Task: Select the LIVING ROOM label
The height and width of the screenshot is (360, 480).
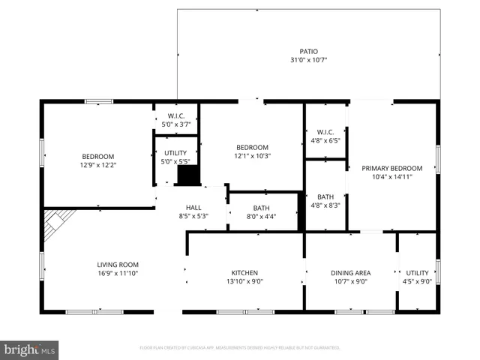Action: (x=118, y=264)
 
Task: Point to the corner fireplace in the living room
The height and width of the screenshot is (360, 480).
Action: (x=56, y=224)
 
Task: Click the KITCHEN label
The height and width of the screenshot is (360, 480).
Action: (x=244, y=272)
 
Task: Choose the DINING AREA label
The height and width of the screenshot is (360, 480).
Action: (x=350, y=272)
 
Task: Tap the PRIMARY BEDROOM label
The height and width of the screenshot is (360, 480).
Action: (x=391, y=168)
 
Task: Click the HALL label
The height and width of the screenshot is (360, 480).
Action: (x=193, y=208)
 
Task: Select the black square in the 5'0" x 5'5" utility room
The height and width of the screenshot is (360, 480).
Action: (x=187, y=175)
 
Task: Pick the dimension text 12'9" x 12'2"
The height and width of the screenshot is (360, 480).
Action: (x=98, y=164)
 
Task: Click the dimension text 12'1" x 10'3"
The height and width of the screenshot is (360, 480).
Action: (x=252, y=156)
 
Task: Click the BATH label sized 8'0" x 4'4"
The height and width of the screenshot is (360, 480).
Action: (x=261, y=208)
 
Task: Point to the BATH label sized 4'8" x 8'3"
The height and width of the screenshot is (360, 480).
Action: (x=325, y=196)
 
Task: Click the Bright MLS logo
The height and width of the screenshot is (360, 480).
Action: (x=30, y=349)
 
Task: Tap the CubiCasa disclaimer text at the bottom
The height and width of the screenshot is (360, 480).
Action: (x=240, y=348)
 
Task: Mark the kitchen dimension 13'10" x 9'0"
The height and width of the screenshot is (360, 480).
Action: (x=244, y=281)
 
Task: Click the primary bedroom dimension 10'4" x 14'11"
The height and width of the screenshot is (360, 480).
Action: (x=391, y=177)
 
